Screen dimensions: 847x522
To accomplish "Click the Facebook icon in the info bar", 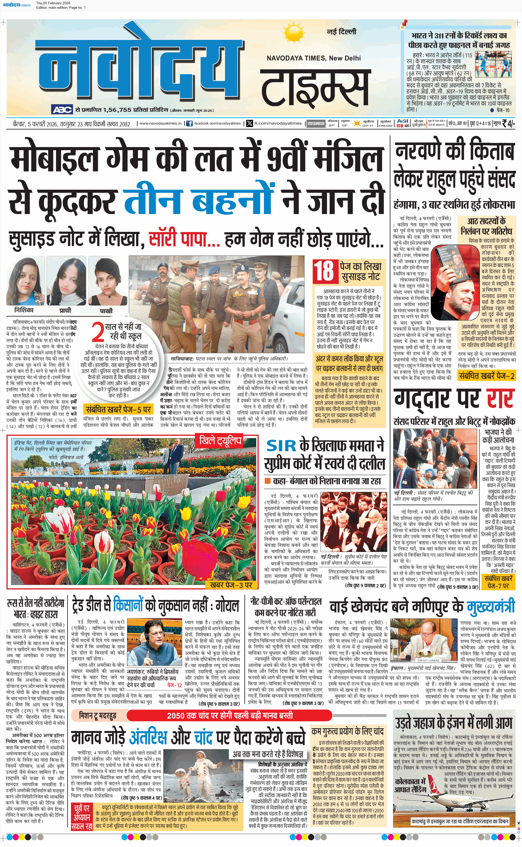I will pos(189,124).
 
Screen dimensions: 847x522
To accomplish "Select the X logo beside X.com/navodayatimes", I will pos(250,124).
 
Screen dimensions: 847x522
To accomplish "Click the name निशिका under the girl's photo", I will pos(24,310).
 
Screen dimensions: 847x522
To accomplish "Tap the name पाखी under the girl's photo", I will pos(106,311).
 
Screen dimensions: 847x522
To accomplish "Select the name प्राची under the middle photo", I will pos(65,310).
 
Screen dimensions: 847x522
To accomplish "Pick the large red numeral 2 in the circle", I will pos(98,332).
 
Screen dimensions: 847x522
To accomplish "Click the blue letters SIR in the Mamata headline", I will pos(281,446).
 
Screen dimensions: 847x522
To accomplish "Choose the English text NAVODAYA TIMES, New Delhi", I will pos(314,58).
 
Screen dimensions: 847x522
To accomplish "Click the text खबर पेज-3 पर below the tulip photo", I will pos(231,584).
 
